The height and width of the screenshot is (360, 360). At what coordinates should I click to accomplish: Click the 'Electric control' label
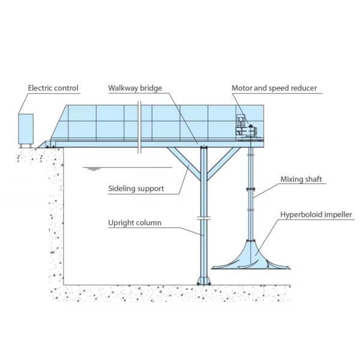coord(53,88)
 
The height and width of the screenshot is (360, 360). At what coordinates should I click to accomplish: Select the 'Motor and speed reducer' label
coord(274,88)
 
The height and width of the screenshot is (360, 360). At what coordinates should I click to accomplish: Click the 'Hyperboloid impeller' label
coord(316,214)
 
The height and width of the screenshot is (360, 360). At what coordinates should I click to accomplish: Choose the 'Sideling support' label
coord(136,188)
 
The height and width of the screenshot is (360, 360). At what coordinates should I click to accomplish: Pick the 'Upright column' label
coord(134,223)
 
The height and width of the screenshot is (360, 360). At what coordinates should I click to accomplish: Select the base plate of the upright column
coord(203,280)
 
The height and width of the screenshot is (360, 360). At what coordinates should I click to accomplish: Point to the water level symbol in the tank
coord(92,169)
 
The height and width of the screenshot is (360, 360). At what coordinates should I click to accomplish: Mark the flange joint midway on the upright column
coord(203,217)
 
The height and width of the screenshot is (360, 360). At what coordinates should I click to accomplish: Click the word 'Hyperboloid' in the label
coord(299,214)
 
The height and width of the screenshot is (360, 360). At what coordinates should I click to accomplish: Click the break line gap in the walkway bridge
coord(139,126)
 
